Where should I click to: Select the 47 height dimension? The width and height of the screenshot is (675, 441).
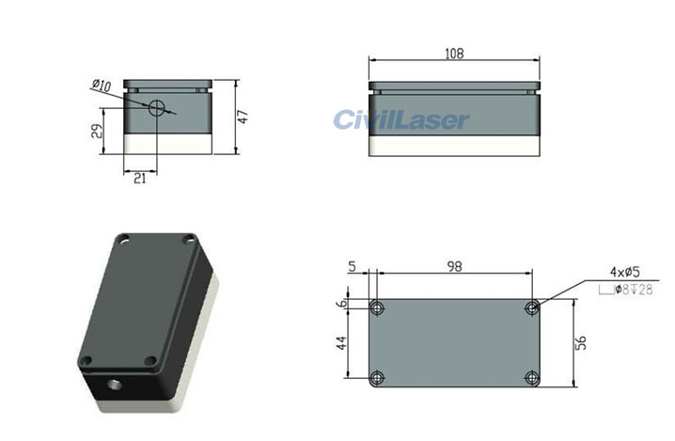(x=242, y=117)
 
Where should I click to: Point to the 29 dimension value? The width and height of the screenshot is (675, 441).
(x=96, y=131)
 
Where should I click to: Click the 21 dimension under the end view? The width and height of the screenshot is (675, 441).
(x=139, y=178)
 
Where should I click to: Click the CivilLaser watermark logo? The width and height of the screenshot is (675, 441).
(x=400, y=120)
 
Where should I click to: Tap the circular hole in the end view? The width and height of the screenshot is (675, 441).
(x=157, y=107)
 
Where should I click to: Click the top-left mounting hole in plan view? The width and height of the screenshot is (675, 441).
(x=377, y=307)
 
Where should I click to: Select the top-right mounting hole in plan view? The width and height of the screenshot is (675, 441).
(x=532, y=307)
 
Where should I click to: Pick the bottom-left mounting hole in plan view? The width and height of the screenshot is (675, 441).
(x=377, y=378)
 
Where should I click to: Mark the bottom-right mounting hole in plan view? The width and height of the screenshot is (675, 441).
(x=532, y=378)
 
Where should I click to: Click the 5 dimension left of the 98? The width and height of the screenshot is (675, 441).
(x=352, y=267)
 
